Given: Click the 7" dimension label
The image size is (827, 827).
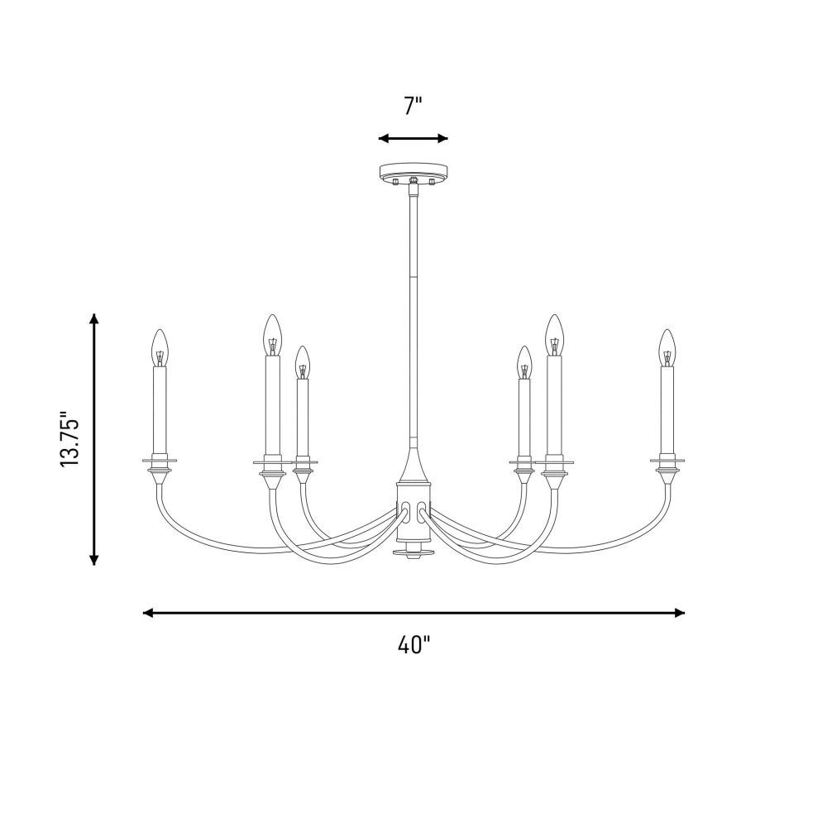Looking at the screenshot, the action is [x=413, y=106].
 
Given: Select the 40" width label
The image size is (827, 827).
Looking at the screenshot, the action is [x=413, y=644].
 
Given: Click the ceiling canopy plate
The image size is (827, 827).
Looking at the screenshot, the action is [x=413, y=171].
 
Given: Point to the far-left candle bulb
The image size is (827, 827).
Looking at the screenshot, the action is [x=160, y=347].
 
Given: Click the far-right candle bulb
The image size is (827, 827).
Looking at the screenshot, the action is [x=667, y=347].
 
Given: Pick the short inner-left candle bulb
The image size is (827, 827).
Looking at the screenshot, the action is [x=302, y=362].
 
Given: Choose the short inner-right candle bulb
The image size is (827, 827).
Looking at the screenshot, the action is [x=523, y=362].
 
